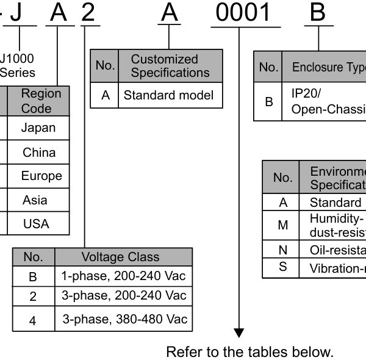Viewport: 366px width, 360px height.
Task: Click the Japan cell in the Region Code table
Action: (38, 128)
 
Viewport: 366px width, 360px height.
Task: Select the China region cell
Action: (39, 153)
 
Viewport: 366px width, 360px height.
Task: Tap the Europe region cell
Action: (41, 176)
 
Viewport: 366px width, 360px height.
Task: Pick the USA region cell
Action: (36, 224)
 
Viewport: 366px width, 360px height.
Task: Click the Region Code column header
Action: (41, 101)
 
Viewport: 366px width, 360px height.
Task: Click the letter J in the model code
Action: (16, 13)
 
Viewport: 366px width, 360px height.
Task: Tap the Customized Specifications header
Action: (165, 66)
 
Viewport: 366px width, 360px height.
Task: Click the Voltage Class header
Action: (120, 257)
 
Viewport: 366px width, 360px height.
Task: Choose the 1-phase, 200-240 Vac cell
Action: (123, 276)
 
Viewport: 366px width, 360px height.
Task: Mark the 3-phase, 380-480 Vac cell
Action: (124, 319)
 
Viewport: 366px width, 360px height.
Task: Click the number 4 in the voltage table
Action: (33, 320)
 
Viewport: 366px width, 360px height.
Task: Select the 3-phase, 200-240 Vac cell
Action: (123, 296)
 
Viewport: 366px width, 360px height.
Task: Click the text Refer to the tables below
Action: (250, 352)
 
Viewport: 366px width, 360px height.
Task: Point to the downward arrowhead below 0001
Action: (239, 333)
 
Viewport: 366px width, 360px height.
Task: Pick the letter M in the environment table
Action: (282, 225)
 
